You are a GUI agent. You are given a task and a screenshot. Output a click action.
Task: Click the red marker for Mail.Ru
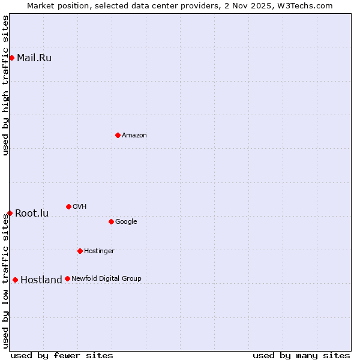click(x=11, y=58)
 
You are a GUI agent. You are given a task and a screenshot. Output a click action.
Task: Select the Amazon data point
click(x=118, y=135)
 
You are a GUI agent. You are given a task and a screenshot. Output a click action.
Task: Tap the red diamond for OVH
click(x=68, y=206)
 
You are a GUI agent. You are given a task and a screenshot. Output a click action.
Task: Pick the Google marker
click(x=111, y=221)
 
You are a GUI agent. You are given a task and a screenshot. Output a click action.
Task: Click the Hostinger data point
click(x=80, y=251)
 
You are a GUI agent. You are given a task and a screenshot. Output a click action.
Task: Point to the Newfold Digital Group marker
click(x=67, y=278)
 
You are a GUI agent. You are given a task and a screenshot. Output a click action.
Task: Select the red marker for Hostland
click(x=15, y=280)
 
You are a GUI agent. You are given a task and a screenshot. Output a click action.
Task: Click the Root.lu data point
click(x=10, y=213)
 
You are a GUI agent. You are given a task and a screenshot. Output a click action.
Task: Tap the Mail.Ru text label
click(x=34, y=58)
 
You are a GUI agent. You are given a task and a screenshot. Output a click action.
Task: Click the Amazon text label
click(x=134, y=136)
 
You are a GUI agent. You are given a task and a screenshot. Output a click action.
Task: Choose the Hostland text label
click(x=41, y=280)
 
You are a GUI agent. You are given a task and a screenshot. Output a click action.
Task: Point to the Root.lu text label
click(x=32, y=214)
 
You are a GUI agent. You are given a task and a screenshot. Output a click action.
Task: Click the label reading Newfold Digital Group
click(x=107, y=278)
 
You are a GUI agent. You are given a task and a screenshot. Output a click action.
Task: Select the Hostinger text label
click(x=99, y=251)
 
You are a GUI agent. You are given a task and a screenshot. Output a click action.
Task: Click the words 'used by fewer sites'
click(x=62, y=355)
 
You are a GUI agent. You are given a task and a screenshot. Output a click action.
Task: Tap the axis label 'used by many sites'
click(x=301, y=355)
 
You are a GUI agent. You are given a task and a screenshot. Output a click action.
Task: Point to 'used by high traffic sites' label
click(x=5, y=85)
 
